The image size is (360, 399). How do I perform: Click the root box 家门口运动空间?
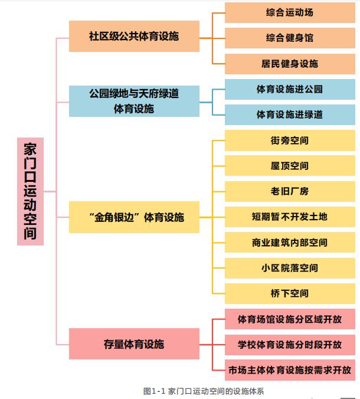click(x=30, y=191)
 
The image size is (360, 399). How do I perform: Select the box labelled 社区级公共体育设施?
click(x=133, y=37)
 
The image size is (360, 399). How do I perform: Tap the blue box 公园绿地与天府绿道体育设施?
click(x=133, y=101)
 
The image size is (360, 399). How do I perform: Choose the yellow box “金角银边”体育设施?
click(x=133, y=217)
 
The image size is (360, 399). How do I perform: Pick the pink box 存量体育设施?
click(x=133, y=344)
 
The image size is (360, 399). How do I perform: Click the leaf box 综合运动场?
click(x=290, y=12)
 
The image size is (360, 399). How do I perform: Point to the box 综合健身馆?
click(x=290, y=38)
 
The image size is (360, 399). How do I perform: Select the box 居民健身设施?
click(x=290, y=64)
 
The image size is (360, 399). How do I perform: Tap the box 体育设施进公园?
click(x=290, y=89)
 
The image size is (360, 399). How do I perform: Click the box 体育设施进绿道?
click(x=290, y=115)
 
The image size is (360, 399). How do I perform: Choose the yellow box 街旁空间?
click(x=290, y=140)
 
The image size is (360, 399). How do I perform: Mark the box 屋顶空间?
click(x=290, y=166)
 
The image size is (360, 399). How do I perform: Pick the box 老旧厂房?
click(x=290, y=191)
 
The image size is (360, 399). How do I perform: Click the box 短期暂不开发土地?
click(x=290, y=217)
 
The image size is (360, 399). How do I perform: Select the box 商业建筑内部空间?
click(x=290, y=243)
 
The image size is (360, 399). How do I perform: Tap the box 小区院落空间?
click(x=290, y=268)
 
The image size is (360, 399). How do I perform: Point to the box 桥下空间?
click(x=290, y=293)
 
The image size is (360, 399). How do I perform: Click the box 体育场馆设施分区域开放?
click(x=290, y=319)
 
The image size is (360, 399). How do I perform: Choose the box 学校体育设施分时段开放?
click(x=290, y=345)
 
